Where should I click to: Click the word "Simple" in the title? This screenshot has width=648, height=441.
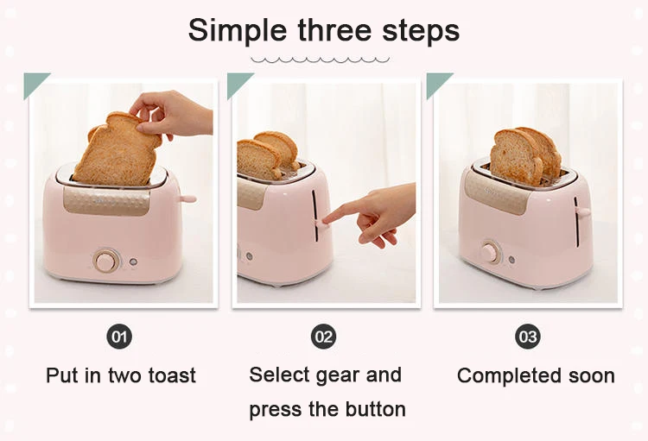tap(237, 31)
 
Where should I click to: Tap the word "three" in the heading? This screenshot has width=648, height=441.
tap(334, 29)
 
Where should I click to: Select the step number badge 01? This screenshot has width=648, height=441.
tap(119, 337)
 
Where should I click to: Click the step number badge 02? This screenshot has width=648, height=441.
tap(324, 337)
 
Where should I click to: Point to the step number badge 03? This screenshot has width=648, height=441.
tap(528, 337)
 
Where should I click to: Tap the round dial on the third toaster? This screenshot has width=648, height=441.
tap(490, 251)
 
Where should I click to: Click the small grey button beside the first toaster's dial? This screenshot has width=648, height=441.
tap(133, 262)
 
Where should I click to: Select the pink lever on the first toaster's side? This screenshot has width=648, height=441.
tap(187, 199)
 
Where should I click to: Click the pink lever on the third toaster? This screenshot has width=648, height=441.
tap(582, 211)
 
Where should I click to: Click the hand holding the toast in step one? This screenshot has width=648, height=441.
tap(171, 115)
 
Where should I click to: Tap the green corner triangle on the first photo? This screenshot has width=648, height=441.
tap(34, 82)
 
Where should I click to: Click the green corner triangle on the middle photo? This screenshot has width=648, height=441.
tap(237, 82)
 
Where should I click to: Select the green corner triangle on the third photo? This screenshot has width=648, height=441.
tap(436, 82)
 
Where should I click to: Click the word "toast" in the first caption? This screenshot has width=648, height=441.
tap(172, 375)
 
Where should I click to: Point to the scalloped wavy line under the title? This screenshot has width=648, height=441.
tap(321, 60)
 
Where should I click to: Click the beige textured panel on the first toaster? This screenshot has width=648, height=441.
tap(106, 201)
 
